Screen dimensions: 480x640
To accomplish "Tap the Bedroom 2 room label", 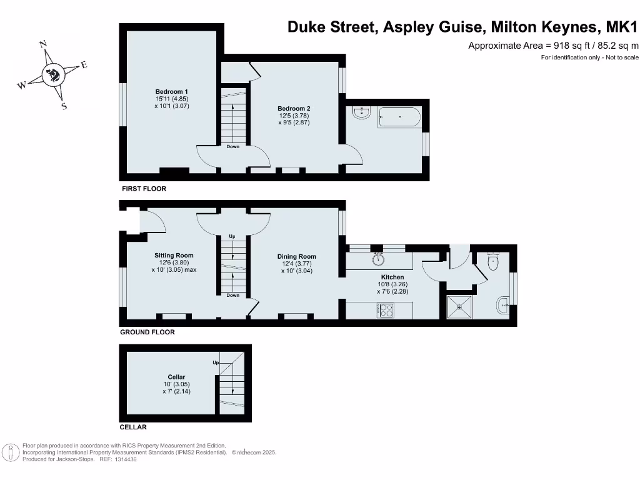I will pos(294,108).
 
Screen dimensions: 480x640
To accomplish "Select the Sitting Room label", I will pos(174,255).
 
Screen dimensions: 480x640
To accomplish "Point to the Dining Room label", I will pos(297,256).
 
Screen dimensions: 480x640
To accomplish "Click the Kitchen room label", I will pos(392,277).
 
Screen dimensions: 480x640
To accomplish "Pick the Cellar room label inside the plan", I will pos(177,377).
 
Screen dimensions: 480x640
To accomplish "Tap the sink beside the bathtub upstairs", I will pos(362,112).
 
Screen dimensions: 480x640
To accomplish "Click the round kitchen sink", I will pos(378,259).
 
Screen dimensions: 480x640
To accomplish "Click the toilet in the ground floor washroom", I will pos(494,262).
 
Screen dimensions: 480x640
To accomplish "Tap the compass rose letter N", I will pos(43,44).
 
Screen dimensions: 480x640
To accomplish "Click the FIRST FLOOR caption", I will pos(144,189).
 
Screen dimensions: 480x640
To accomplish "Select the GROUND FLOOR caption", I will pos(147,332).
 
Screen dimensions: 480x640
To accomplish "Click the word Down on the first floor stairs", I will pos(232,147).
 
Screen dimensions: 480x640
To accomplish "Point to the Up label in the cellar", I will pos(216,362).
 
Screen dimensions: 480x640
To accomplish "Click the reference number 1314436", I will pos(124,459).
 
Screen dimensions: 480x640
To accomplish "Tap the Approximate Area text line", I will pos(553,45).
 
